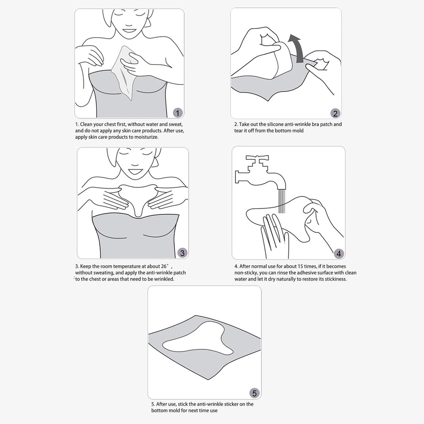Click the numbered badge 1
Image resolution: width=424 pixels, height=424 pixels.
pyautogui.click(x=178, y=113)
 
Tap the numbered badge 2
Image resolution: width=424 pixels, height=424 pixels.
pyautogui.click(x=335, y=114)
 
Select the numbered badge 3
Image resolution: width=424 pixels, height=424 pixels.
pyautogui.click(x=182, y=253)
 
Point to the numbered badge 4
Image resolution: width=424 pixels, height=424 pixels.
pyautogui.click(x=339, y=254)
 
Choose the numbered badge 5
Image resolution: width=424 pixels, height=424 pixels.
pyautogui.click(x=254, y=393)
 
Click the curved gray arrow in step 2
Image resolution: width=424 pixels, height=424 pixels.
pyautogui.click(x=298, y=48)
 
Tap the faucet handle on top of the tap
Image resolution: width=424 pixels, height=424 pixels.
pyautogui.click(x=257, y=158)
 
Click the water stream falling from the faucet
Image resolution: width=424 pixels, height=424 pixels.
pyautogui.click(x=282, y=201)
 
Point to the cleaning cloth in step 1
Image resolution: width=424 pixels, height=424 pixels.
pyautogui.click(x=124, y=72)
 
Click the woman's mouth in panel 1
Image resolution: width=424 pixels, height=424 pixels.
pyautogui.click(x=128, y=30)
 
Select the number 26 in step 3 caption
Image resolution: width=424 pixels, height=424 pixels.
pyautogui.click(x=163, y=266)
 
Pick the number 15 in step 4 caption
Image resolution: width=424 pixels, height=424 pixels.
pyautogui.click(x=300, y=266)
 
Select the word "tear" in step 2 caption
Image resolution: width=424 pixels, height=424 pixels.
pyautogui.click(x=239, y=131)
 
